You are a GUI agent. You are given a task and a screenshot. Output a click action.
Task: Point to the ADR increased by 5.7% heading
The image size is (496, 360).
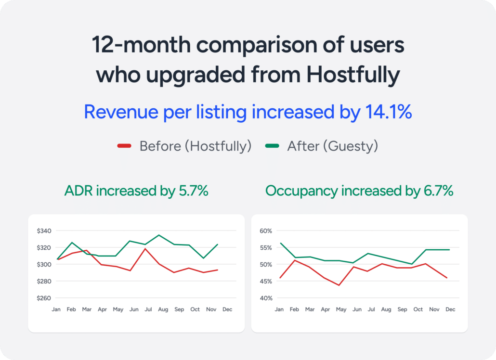(136, 191)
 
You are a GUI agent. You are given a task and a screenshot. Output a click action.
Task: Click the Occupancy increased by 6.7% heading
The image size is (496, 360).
(359, 191)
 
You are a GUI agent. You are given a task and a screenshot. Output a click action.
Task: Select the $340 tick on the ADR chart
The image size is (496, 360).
(44, 231)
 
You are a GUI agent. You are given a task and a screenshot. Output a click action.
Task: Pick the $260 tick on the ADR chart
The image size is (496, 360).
(44, 298)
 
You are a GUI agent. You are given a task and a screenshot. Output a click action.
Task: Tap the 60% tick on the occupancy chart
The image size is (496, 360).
(266, 231)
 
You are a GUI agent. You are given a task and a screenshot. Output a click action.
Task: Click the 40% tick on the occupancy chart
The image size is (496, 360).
(266, 298)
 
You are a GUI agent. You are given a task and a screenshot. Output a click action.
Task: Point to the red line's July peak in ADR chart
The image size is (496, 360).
(145, 249)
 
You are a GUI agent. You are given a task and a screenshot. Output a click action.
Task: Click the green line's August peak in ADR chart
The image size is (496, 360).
(159, 235)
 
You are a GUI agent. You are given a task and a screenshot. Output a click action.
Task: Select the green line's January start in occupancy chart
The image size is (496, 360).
(279, 243)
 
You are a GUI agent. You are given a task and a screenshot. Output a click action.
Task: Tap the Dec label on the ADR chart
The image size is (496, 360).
(227, 309)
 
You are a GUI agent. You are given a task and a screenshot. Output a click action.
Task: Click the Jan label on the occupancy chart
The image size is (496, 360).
(279, 309)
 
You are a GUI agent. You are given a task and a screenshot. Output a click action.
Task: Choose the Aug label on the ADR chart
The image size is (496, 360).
(163, 309)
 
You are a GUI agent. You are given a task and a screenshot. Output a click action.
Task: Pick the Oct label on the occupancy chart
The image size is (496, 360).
(418, 309)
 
